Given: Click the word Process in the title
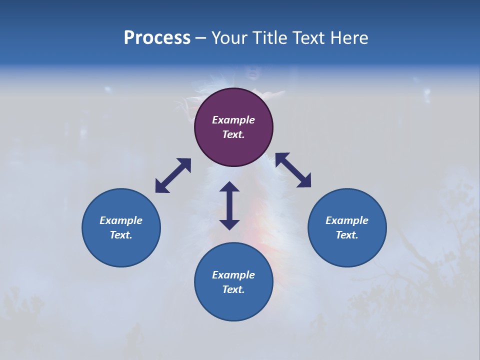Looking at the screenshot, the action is point(157,38).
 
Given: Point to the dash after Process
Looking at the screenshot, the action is point(201,38).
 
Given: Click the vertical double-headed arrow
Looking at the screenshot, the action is point(229,205).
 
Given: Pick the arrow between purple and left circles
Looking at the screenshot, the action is point(173,175).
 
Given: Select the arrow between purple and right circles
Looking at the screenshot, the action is point(293,170).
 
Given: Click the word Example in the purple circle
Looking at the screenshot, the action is point(233,120).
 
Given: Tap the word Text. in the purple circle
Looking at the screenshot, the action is point(233,134).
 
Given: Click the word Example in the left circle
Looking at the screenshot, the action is point(121,220).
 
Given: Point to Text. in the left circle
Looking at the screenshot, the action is point(121,235).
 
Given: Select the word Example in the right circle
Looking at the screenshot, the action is point(347,220).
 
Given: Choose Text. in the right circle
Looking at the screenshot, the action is point(347,235).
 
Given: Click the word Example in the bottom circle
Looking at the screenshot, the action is point(233,275).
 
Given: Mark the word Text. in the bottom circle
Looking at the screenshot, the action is point(233,289).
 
